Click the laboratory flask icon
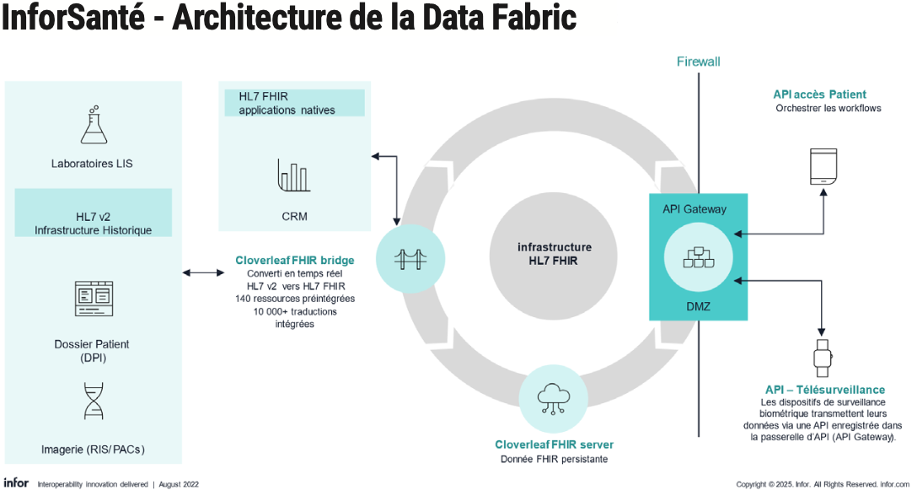(x=94, y=124)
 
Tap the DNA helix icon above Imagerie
(x=94, y=401)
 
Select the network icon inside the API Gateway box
(x=698, y=258)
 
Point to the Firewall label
(x=698, y=62)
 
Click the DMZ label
(x=698, y=306)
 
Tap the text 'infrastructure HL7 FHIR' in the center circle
(x=554, y=254)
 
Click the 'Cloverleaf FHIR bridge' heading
(x=294, y=261)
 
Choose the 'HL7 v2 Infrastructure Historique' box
(x=94, y=223)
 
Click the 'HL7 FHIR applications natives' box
(x=294, y=103)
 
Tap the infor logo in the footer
(x=16, y=483)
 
